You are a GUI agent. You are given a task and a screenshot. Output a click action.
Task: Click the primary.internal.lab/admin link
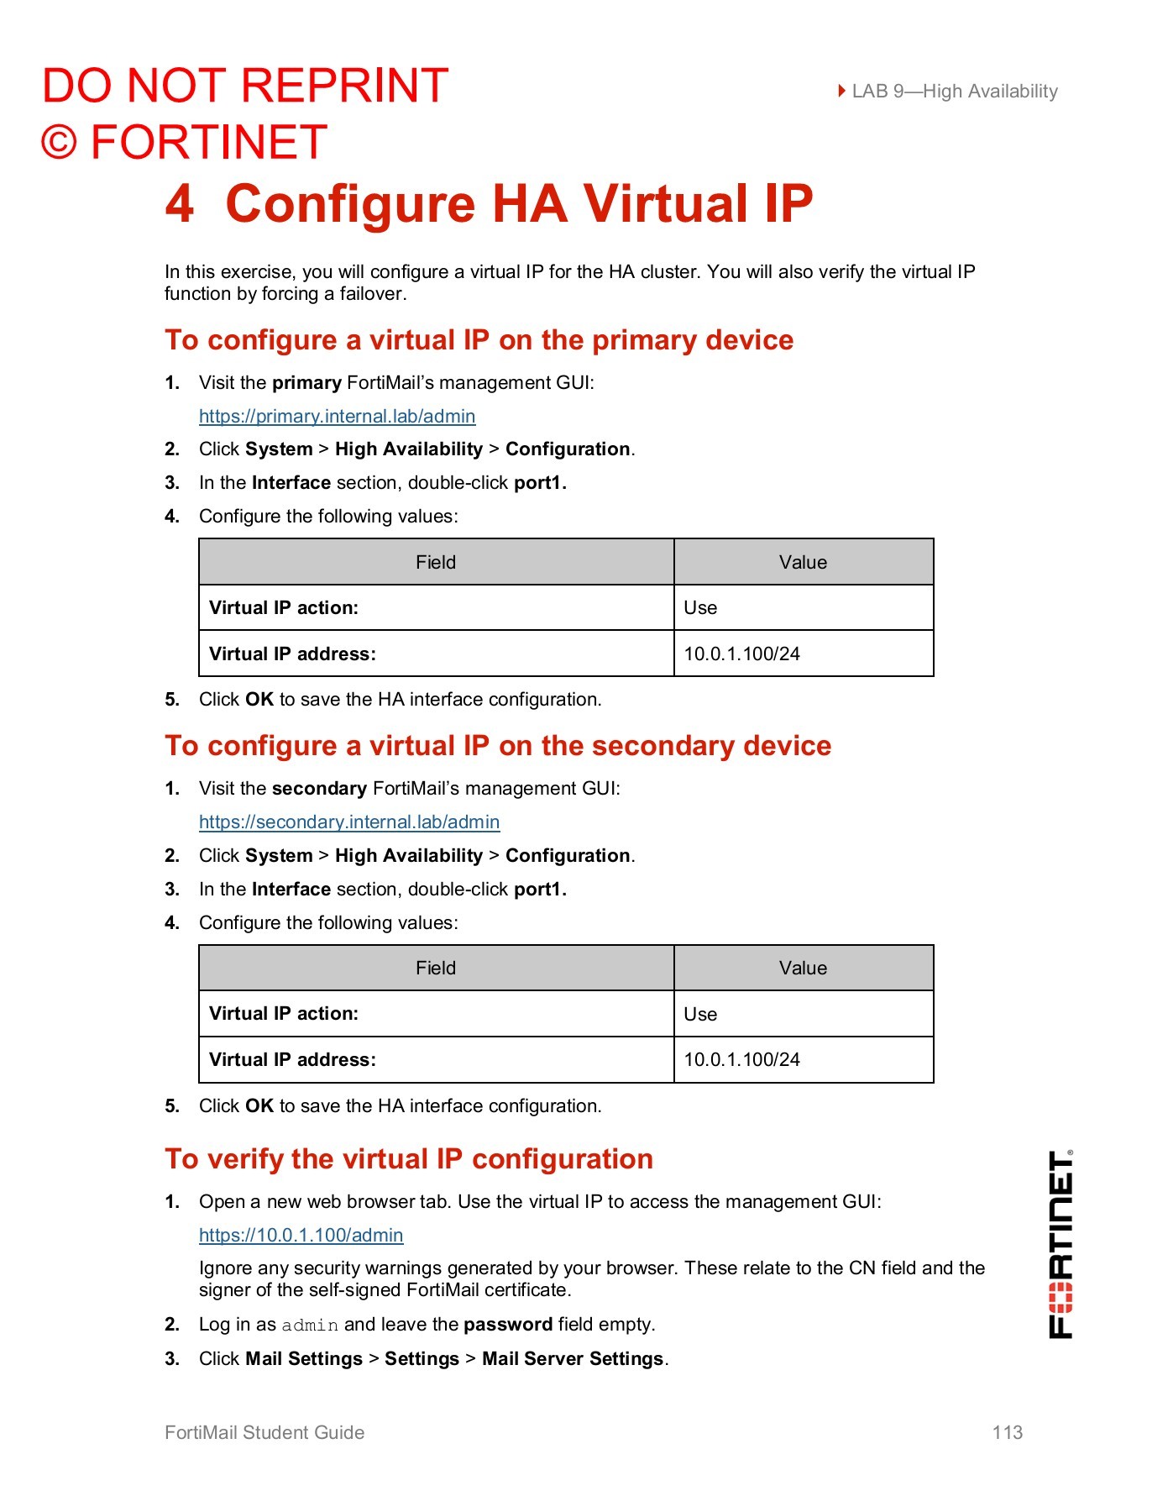[337, 417]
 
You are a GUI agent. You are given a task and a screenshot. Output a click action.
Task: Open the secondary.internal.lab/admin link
[349, 822]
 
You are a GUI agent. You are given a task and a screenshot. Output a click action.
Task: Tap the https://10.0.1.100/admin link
[301, 1236]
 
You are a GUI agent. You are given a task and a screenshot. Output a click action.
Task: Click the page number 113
[1007, 1433]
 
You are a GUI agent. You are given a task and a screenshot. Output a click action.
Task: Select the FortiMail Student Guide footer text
[265, 1433]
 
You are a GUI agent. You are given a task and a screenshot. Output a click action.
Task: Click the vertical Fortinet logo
[1061, 1244]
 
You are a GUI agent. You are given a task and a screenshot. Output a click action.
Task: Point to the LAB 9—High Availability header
[954, 92]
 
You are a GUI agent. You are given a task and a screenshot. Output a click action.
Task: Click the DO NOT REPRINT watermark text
[245, 86]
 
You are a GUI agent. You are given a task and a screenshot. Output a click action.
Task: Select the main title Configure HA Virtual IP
[519, 204]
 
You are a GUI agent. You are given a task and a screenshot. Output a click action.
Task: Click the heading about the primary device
[479, 340]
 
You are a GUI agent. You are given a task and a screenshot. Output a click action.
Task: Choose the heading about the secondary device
[498, 746]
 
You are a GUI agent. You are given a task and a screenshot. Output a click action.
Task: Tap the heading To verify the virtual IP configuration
[409, 1159]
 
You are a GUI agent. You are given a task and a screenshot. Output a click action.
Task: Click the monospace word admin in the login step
[310, 1326]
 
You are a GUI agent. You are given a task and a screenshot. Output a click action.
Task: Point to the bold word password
[508, 1325]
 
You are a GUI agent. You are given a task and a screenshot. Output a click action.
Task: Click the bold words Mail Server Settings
[573, 1359]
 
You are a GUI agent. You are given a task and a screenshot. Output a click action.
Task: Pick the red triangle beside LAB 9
[841, 91]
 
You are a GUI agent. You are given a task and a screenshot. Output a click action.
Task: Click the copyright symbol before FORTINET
[60, 143]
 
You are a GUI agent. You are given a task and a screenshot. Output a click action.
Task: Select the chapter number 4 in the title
[180, 204]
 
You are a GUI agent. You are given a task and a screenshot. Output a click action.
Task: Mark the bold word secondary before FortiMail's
[319, 789]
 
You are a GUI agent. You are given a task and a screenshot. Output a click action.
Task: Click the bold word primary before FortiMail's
[306, 383]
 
